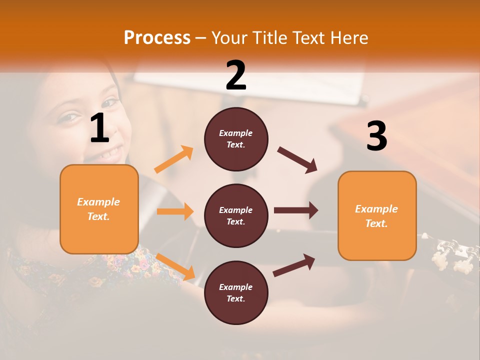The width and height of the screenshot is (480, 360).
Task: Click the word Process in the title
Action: (x=157, y=37)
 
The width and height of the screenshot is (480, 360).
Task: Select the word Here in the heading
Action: (x=349, y=37)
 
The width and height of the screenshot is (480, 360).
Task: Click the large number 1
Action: (x=99, y=128)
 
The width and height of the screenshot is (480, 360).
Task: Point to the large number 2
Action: (x=236, y=75)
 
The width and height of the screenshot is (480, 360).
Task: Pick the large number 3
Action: (x=376, y=136)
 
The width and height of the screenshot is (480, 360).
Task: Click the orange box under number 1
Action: (x=99, y=209)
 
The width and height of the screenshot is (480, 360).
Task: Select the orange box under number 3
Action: (x=377, y=215)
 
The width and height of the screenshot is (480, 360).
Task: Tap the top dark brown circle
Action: (x=236, y=139)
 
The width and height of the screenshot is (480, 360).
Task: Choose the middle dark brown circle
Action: (x=236, y=215)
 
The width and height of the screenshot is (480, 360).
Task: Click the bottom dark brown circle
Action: (x=236, y=292)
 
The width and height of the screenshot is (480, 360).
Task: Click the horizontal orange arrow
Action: (x=175, y=211)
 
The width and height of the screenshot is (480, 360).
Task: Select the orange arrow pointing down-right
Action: (x=175, y=266)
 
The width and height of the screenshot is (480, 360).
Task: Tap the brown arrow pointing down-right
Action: (x=297, y=159)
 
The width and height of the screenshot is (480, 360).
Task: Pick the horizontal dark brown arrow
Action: (x=296, y=210)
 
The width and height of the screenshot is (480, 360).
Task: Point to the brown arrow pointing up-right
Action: (x=294, y=265)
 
